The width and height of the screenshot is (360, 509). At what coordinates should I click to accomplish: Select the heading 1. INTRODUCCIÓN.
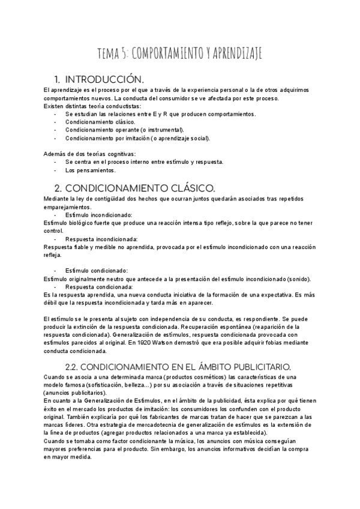tap(99, 79)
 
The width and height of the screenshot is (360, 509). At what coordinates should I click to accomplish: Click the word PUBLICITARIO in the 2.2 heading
tap(254, 366)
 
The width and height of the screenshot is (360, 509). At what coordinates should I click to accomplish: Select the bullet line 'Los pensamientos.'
tap(90, 169)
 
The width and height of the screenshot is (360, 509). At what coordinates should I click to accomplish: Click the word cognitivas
tap(120, 154)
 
